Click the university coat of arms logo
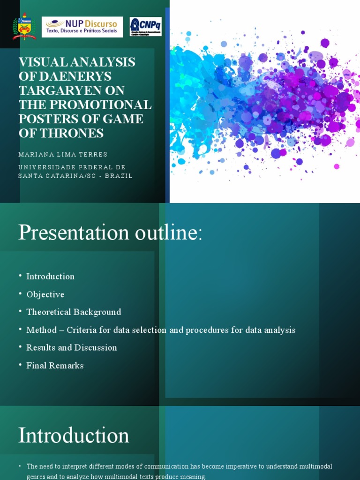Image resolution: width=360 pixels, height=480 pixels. coord(24,27)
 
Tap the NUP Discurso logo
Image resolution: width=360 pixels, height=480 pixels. coord(82,27)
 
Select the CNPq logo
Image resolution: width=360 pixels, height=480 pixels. coord(146,27)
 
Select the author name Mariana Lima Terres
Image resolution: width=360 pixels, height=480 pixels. coord(63,154)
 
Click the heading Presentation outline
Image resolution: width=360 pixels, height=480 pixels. coord(110,232)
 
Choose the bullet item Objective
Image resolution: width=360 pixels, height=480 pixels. coord(45,294)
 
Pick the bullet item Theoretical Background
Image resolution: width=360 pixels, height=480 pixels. coord(74,312)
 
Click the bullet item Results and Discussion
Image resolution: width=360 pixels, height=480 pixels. coord(72,348)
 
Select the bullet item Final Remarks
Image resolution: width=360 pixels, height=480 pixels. coord(55,366)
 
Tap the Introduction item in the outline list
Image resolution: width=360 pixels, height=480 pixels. coord(50,277)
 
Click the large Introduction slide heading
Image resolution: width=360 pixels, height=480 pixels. coord(74,435)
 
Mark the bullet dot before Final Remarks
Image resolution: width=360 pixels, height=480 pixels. coord(21,365)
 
